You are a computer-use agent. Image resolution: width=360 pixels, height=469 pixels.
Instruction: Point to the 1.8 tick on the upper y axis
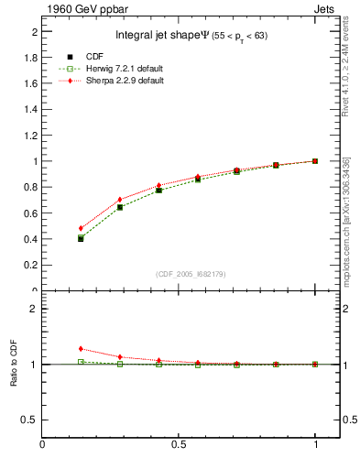coord(32,57)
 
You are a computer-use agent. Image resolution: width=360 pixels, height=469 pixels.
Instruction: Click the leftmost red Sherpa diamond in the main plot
coord(81,228)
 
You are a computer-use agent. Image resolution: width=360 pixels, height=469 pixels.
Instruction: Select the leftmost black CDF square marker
coord(81,239)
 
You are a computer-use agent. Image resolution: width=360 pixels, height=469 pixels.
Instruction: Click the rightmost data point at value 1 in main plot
coord(315,161)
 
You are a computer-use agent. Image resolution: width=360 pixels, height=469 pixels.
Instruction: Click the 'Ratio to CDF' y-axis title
coord(14,365)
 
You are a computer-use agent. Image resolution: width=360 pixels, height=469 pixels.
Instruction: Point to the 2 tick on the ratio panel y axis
coord(34,309)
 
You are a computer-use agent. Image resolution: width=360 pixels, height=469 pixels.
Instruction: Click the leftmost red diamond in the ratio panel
coord(81,349)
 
